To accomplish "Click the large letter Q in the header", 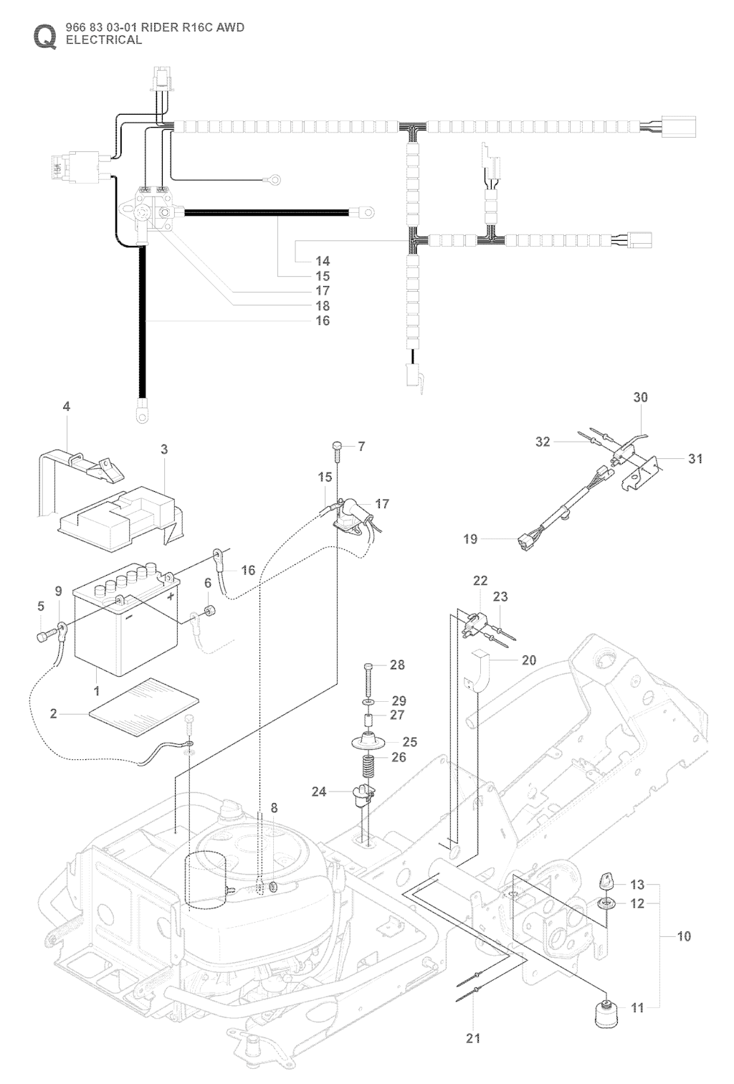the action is click(44, 37).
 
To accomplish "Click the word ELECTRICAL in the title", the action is click(103, 40).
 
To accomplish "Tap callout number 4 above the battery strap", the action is click(67, 406).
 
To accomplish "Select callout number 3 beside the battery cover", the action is click(164, 449).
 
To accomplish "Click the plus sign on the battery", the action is click(170, 596).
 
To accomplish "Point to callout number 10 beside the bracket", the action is click(684, 936).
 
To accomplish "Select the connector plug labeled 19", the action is click(528, 543).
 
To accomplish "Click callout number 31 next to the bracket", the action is click(695, 459).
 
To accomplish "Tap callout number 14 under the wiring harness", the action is click(323, 261).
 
